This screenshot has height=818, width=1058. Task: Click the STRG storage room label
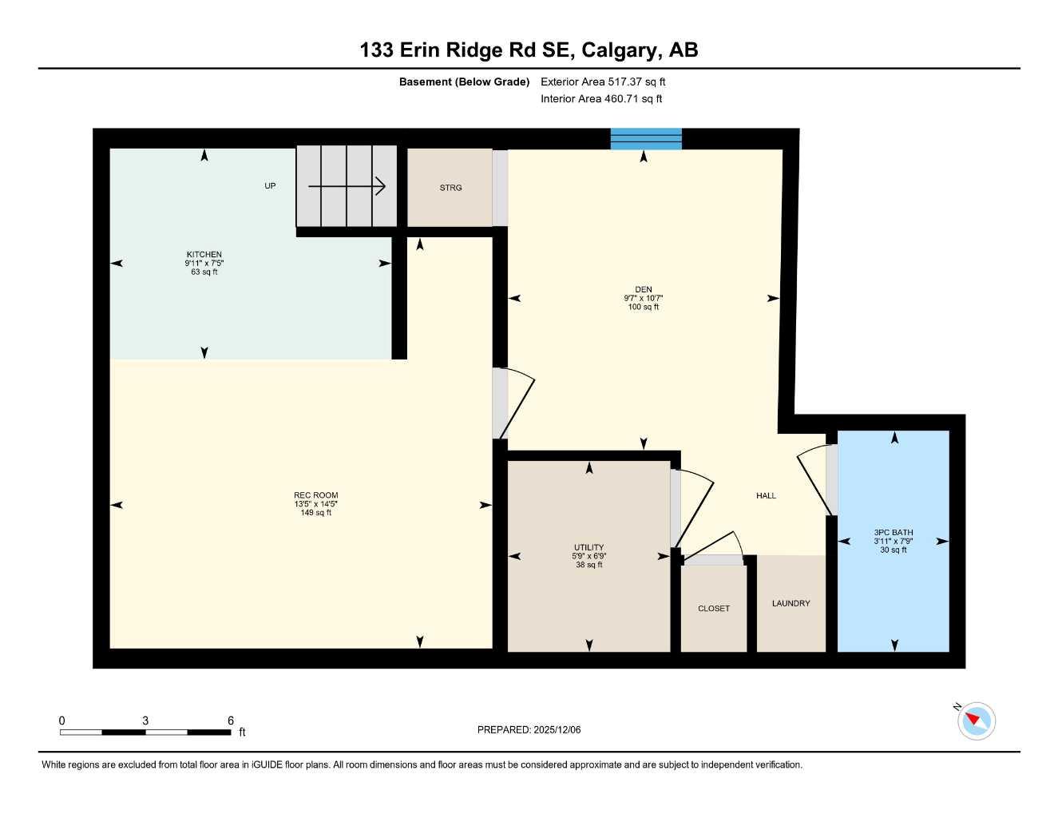pyautogui.click(x=450, y=188)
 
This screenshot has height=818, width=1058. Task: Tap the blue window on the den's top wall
pyautogui.click(x=646, y=139)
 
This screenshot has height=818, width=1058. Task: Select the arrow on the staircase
pyautogui.click(x=347, y=187)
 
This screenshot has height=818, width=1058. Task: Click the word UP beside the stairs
pyautogui.click(x=270, y=186)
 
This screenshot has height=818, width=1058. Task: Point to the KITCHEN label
pyautogui.click(x=204, y=255)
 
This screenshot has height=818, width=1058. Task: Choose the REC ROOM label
pyautogui.click(x=315, y=495)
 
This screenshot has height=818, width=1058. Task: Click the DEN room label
pyautogui.click(x=644, y=290)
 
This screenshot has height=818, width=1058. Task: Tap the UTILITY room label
pyautogui.click(x=588, y=548)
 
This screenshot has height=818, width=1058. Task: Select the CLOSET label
pyautogui.click(x=714, y=609)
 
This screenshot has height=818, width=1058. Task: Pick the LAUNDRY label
pyautogui.click(x=791, y=603)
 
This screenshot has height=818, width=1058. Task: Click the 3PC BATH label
pyautogui.click(x=894, y=533)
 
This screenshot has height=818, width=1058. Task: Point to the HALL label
pyautogui.click(x=766, y=496)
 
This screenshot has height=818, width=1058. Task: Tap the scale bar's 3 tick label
pyautogui.click(x=145, y=721)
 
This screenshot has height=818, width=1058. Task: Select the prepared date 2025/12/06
pyautogui.click(x=557, y=729)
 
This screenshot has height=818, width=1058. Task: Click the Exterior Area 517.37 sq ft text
pyautogui.click(x=603, y=81)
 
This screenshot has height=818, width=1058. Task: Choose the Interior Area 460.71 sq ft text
pyautogui.click(x=601, y=99)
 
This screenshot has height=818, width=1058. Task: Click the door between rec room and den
pyautogui.click(x=513, y=403)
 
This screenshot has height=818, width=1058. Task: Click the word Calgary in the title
pyautogui.click(x=620, y=50)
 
